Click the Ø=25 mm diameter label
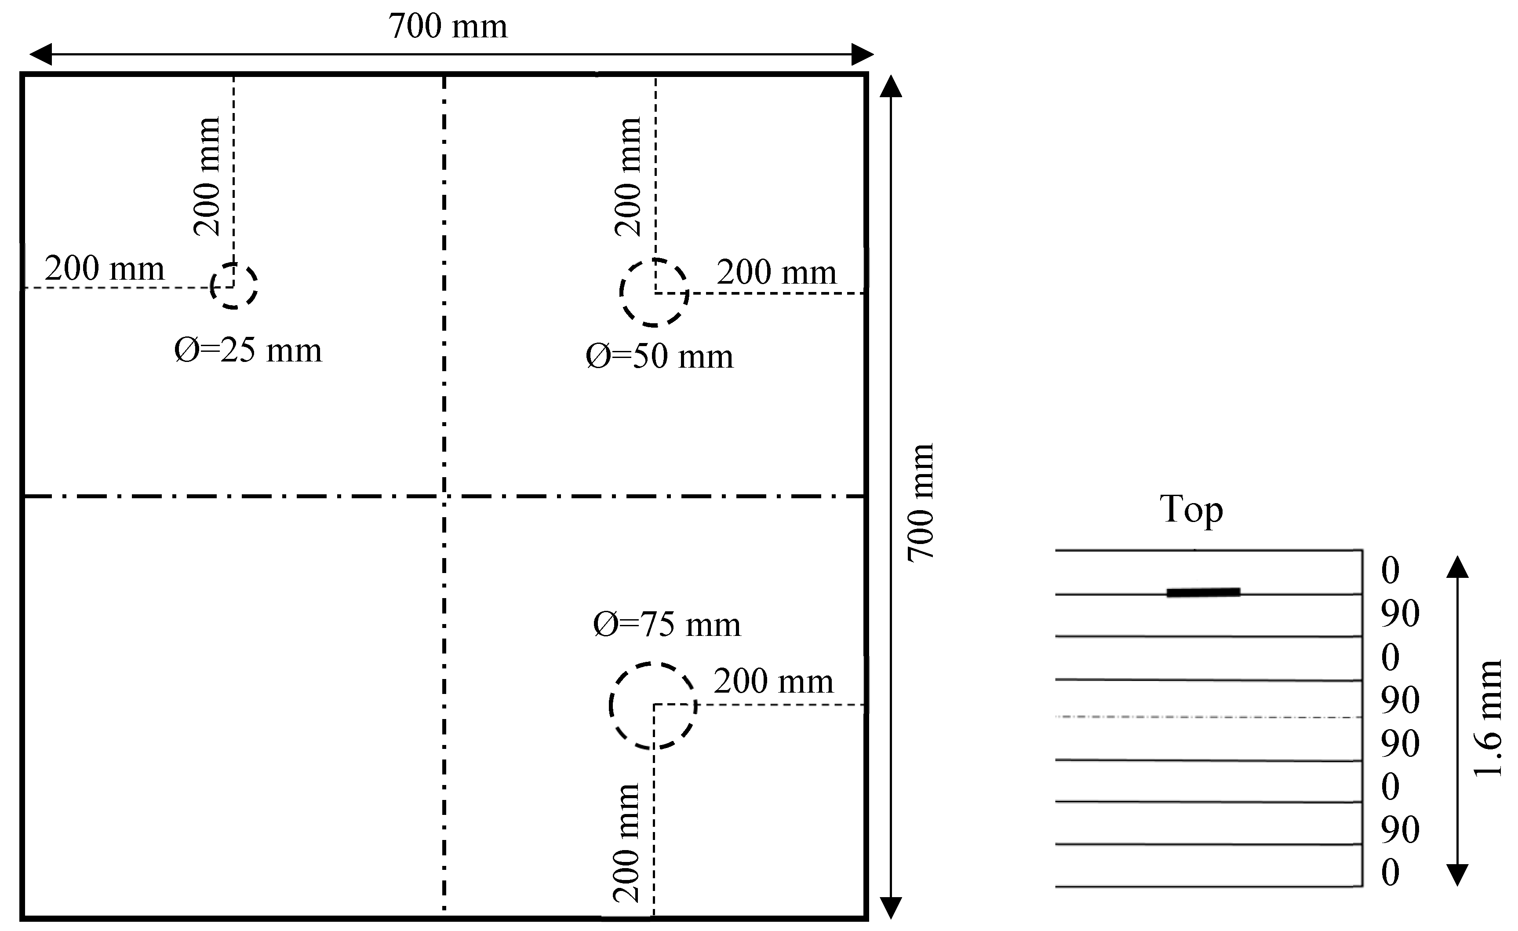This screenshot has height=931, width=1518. (x=248, y=350)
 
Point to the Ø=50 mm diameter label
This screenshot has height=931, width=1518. (x=659, y=356)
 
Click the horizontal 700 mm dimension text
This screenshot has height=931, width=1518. (x=448, y=26)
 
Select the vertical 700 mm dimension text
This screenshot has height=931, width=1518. (x=921, y=502)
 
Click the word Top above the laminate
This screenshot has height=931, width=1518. (x=1191, y=510)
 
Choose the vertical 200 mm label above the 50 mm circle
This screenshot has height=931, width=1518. (x=628, y=177)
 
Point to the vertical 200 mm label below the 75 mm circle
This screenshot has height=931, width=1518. (x=626, y=843)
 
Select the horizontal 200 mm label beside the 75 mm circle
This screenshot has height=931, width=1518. (x=773, y=682)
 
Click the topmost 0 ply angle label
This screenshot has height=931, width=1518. (x=1391, y=570)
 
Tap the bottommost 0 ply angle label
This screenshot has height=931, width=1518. (x=1391, y=873)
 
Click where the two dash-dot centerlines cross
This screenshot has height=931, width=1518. (x=444, y=496)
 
